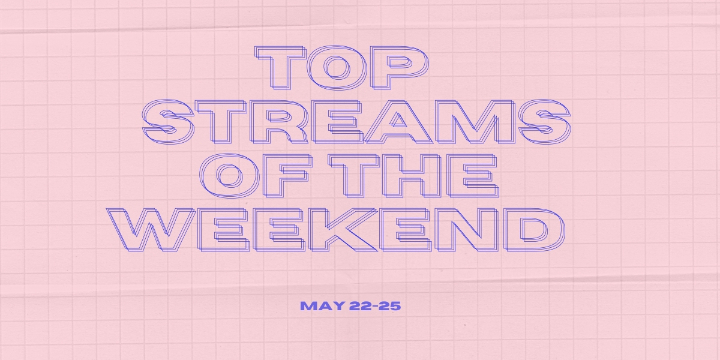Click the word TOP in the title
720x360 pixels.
(341, 67)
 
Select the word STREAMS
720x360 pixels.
(356, 121)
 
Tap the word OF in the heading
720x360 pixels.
(256, 175)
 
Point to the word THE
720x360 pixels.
(413, 175)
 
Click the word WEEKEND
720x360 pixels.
(335, 230)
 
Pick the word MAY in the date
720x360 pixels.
(322, 305)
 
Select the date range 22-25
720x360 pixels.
(375, 305)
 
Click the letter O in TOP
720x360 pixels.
(337, 67)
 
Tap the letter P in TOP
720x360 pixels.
(399, 67)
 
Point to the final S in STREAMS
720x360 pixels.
(545, 121)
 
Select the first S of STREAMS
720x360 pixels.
(169, 121)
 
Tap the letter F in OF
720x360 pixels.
(287, 175)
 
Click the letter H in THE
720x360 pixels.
(412, 175)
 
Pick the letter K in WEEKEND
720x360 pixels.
(343, 230)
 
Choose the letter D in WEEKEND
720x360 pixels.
(534, 230)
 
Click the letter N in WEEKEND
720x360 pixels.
(466, 230)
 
